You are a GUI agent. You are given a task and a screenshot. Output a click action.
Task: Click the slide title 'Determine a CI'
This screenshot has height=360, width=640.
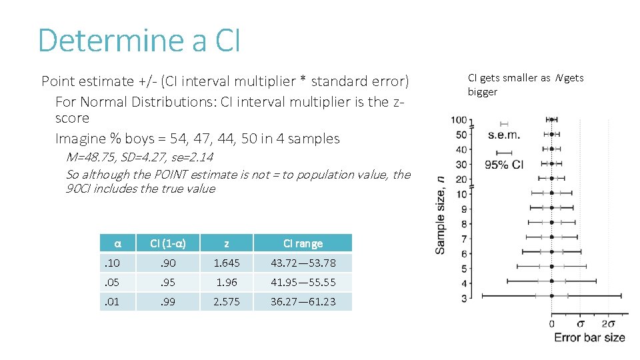[x=139, y=40]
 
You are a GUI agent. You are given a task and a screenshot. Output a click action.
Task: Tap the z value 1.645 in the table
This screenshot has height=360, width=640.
[x=227, y=263]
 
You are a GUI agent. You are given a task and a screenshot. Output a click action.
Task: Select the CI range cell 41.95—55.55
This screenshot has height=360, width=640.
[x=303, y=283]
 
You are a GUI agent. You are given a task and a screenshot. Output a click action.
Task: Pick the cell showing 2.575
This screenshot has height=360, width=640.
[x=227, y=302]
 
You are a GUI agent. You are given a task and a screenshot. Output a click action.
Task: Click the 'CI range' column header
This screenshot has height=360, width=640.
[x=303, y=243]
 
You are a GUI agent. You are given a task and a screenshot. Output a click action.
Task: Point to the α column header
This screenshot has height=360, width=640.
[x=117, y=243]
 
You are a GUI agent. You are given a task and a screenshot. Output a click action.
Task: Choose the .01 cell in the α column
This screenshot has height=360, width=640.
[x=111, y=302]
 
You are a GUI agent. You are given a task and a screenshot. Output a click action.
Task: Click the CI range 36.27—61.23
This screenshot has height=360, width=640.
[x=303, y=302]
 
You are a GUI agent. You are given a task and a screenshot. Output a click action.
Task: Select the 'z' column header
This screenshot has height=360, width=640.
[x=227, y=243]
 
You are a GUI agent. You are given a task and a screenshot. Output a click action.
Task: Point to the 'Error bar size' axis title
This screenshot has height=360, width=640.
[x=589, y=338]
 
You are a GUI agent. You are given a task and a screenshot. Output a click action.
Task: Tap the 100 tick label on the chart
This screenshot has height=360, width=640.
[x=459, y=120]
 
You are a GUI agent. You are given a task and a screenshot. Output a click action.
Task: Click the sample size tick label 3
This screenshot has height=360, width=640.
[x=464, y=298]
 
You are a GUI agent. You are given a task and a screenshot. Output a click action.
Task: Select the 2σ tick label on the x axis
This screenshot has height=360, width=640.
[x=609, y=323]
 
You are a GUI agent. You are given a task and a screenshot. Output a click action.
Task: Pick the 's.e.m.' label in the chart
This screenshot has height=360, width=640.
[x=503, y=135]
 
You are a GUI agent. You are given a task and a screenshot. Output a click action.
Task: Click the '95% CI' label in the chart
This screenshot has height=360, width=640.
[x=504, y=165]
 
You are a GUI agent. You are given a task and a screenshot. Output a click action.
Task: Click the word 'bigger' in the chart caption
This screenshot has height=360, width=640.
[x=482, y=92]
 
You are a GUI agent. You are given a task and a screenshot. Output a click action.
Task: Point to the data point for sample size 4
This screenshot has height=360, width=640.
[x=552, y=281]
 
